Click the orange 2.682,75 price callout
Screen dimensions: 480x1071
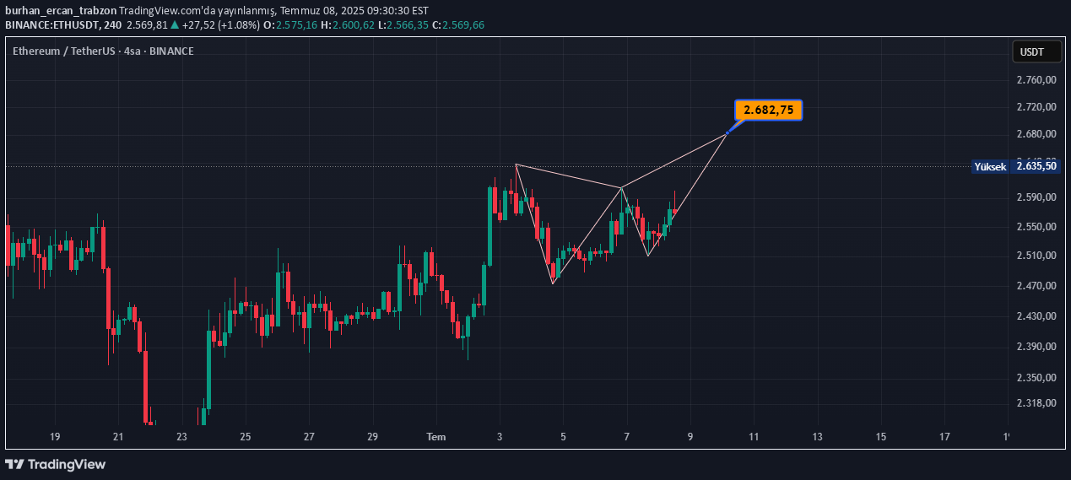(768, 110)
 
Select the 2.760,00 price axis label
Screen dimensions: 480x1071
(1037, 80)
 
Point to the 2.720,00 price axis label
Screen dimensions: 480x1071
(1037, 107)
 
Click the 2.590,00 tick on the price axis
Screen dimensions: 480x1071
(1037, 197)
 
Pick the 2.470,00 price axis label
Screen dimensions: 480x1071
(1037, 287)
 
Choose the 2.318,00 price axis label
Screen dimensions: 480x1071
(1037, 403)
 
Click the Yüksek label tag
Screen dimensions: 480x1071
(990, 167)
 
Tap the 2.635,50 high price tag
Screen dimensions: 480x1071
(1037, 167)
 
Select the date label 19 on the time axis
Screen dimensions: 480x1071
(55, 437)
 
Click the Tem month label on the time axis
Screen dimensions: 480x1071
(435, 437)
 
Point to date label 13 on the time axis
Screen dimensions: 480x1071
(817, 437)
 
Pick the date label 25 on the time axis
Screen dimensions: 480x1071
(246, 437)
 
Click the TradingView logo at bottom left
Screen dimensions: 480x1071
(56, 464)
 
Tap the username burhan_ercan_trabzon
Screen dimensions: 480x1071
(61, 11)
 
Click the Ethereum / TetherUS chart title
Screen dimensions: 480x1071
(64, 51)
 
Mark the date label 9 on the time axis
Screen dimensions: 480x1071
(690, 437)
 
